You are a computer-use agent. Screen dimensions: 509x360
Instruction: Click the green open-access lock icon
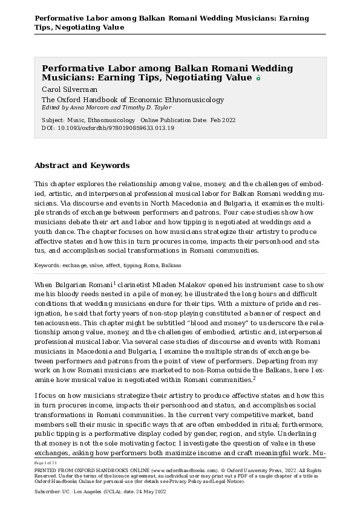258,78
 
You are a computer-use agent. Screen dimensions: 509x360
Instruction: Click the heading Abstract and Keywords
82,165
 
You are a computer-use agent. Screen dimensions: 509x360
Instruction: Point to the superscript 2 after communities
255,377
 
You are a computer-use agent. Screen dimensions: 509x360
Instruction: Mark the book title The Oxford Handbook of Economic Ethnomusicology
133,100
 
